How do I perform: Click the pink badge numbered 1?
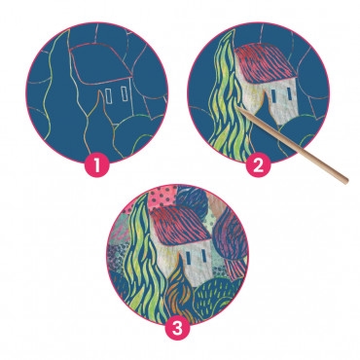(96, 164)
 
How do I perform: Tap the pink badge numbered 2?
(258, 164)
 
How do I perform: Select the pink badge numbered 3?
(177, 327)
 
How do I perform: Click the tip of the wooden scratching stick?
(238, 108)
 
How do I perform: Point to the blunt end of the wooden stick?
(345, 181)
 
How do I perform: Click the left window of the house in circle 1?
(109, 96)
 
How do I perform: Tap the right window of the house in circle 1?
(125, 93)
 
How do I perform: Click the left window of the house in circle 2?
(273, 94)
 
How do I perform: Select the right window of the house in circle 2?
(288, 93)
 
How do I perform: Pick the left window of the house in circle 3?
(189, 257)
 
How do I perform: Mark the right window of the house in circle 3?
(203, 255)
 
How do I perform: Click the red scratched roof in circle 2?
(263, 64)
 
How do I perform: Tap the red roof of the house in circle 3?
(178, 226)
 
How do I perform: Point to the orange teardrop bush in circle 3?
(178, 289)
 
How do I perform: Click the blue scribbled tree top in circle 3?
(192, 198)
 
